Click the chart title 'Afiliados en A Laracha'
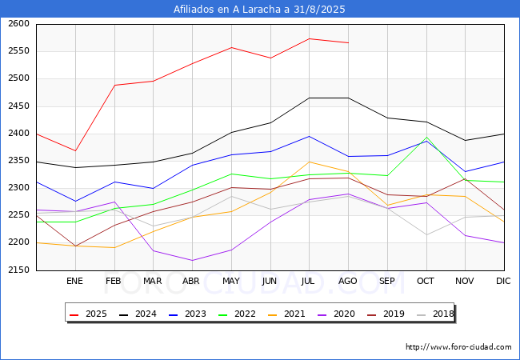260,9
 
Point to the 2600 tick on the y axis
19,24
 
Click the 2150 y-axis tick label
19,270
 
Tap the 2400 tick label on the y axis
19,134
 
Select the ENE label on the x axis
74,281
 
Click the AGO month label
348,281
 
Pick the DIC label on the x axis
503,281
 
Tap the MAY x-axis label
230,281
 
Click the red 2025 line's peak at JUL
309,38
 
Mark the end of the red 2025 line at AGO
348,42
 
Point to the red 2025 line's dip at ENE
74,150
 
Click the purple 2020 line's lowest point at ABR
192,260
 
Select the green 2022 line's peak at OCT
426,137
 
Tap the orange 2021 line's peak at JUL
309,162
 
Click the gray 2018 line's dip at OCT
426,234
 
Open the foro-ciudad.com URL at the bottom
458,347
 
